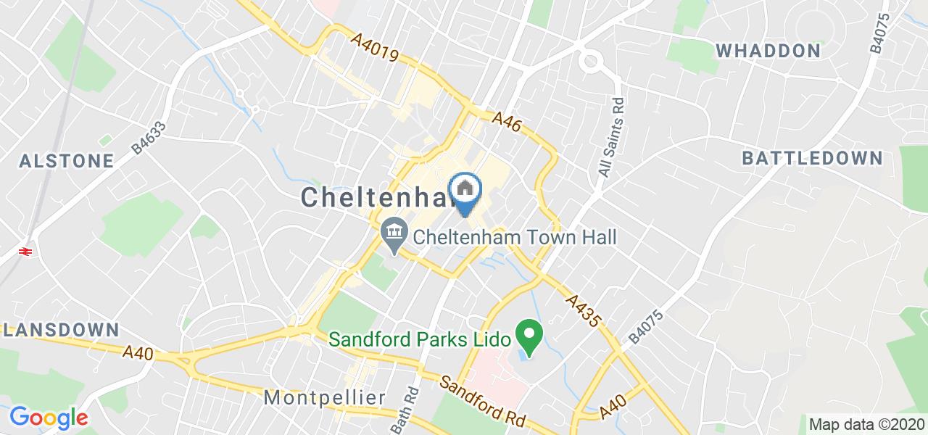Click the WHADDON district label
pos(768,51)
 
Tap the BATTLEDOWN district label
pos(812,158)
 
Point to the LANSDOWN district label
pos(59,329)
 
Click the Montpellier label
pos(324,397)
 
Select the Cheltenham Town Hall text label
pos(515,237)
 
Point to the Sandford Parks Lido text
pos(419,339)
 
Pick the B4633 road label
pos(149,137)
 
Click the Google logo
pos(49,418)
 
